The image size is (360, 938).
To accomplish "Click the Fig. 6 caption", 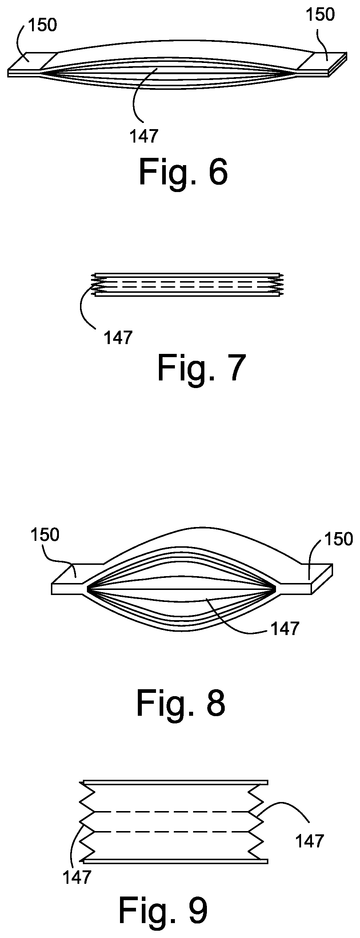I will click(183, 172).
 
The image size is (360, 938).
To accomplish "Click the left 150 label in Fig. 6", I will click(43, 25).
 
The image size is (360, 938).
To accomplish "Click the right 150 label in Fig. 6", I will click(320, 15).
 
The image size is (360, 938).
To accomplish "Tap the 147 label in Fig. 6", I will click(144, 136).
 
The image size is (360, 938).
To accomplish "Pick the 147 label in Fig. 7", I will click(118, 338).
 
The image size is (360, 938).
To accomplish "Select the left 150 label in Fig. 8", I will click(45, 535).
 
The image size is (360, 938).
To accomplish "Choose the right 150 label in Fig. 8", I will click(339, 539).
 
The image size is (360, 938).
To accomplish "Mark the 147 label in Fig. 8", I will click(285, 629).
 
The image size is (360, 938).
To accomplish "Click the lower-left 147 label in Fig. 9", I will click(77, 878).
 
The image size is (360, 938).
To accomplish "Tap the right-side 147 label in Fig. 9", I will click(309, 841).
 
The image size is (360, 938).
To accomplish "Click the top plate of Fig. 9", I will click(176, 782).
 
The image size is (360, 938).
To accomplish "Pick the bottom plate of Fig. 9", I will click(176, 861).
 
